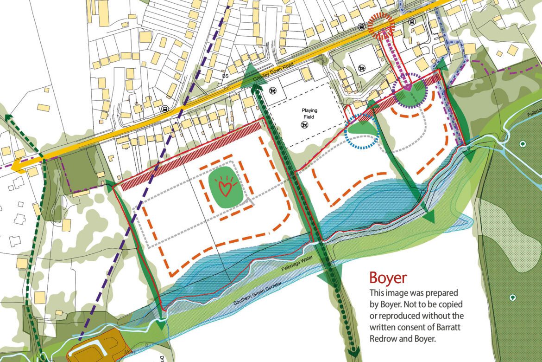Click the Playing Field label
click(x=308, y=114)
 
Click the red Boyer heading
click(x=388, y=278)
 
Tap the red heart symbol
click(x=225, y=187)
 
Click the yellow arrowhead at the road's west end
click(x=19, y=166)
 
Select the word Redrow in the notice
click(x=382, y=338)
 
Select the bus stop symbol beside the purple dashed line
click(x=164, y=110)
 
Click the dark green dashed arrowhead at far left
click(x=7, y=116)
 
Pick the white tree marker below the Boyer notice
click(x=512, y=297)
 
